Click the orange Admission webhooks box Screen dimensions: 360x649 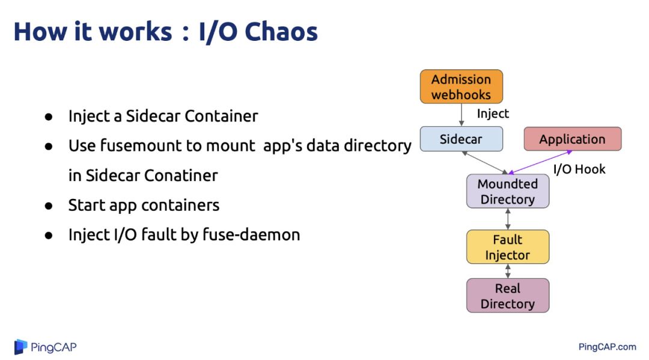tap(461, 87)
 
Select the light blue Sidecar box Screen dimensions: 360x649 tap(461, 139)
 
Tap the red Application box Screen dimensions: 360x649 tap(572, 139)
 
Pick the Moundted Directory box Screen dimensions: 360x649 tap(507, 191)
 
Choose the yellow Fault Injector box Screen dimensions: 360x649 tap(507, 247)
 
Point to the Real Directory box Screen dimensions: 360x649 tap(507, 296)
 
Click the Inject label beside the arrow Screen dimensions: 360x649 tap(493, 114)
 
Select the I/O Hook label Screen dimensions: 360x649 tap(579, 169)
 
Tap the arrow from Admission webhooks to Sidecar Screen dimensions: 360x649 tap(461, 115)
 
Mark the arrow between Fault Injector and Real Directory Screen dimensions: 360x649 tap(508, 271)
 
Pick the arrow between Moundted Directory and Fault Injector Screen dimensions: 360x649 tap(508, 219)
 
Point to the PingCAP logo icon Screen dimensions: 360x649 tap(21, 347)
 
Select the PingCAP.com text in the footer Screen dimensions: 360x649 tap(607, 347)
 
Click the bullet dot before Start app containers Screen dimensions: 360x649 tap(49, 206)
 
